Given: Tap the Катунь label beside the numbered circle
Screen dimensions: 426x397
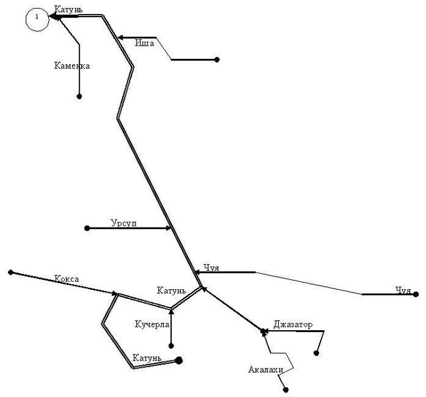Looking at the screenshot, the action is [x=69, y=9].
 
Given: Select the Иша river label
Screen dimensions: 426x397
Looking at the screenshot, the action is [x=145, y=43].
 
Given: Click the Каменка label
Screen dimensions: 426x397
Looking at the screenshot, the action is [x=72, y=66].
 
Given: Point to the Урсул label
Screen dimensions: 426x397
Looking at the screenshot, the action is [x=124, y=223].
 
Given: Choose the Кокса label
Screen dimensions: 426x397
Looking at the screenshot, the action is [x=67, y=279].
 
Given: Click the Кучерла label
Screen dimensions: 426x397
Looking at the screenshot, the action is [x=152, y=324].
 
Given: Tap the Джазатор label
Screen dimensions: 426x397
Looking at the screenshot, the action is [x=293, y=324].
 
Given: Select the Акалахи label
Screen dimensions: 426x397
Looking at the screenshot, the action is [x=266, y=369].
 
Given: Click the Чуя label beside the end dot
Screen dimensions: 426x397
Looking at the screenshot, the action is [x=403, y=290].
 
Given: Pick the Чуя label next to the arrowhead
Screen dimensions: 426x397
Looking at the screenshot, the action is [x=211, y=268].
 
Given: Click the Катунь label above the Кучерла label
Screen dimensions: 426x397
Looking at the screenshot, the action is [x=172, y=290].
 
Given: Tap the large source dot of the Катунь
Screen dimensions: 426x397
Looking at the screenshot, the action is [x=179, y=361].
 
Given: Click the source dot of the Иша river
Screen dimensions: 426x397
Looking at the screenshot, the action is [x=217, y=60].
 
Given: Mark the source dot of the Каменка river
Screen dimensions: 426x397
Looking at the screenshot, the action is [x=79, y=97].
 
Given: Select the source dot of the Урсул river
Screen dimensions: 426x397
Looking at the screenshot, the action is [x=87, y=228].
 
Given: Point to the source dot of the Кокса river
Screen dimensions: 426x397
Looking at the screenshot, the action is [x=11, y=273].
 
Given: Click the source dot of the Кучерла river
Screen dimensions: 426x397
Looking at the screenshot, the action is [x=171, y=346].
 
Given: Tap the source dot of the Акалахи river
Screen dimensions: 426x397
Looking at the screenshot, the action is [x=285, y=390].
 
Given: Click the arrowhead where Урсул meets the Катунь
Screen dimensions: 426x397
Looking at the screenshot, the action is [x=168, y=228].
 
